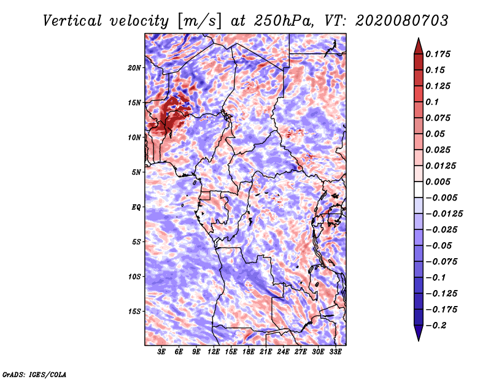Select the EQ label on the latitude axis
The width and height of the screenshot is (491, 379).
click(136, 207)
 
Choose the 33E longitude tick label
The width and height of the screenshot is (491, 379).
click(335, 351)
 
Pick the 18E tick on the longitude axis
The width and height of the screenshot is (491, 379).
click(249, 351)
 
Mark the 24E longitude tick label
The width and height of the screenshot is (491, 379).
click(283, 351)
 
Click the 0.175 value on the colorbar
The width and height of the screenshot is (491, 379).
click(440, 54)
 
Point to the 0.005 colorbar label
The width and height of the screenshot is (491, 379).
click(440, 182)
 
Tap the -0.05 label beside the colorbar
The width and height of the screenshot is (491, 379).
click(440, 246)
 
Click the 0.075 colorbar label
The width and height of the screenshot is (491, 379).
click(440, 118)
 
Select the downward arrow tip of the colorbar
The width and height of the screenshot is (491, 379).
click(418, 339)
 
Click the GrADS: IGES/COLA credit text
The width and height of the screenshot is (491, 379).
click(34, 373)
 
